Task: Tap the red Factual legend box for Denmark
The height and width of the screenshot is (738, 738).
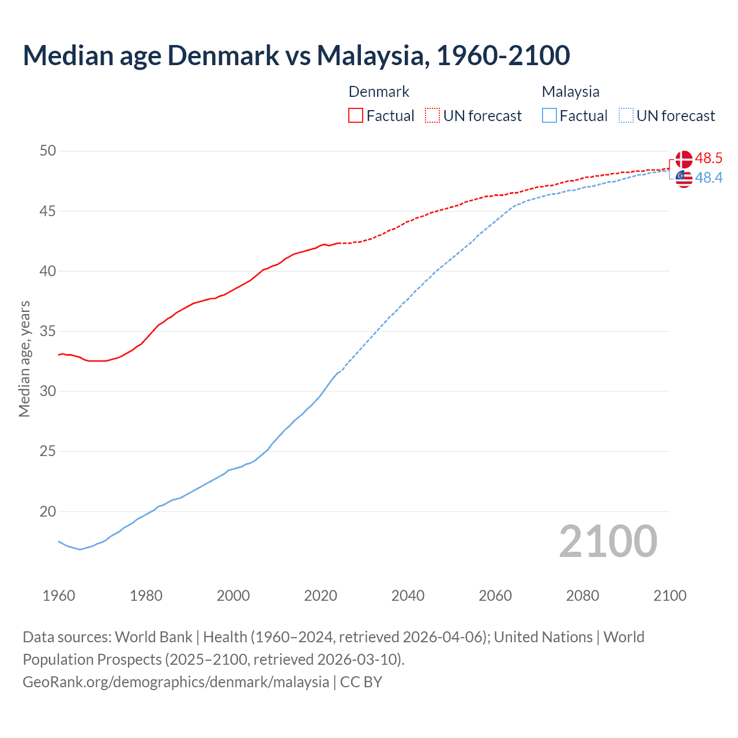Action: coord(356,115)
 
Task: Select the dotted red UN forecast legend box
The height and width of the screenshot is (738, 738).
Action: coord(432,115)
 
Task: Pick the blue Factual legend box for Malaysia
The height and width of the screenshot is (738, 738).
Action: coord(549,115)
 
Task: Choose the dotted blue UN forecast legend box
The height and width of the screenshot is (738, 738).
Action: coord(626,115)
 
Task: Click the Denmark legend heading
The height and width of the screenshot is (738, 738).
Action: coord(379,92)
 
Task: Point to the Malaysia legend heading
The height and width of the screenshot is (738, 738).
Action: coord(570,92)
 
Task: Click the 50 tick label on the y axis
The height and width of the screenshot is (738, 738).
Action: coord(48,151)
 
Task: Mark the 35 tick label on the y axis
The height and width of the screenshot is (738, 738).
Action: coord(48,332)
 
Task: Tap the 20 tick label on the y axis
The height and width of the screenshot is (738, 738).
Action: coord(48,511)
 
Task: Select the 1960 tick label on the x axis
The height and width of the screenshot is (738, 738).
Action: coord(59,596)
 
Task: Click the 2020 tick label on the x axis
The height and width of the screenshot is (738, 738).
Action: coord(321,596)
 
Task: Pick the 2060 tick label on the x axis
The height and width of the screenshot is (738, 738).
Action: coord(495,596)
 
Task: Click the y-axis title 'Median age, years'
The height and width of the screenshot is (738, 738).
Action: coord(24,359)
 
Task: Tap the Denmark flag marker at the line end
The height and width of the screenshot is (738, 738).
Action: coord(684,159)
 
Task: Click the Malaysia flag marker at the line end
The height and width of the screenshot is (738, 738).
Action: coord(684,179)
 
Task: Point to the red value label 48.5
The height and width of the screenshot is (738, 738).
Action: coord(709,158)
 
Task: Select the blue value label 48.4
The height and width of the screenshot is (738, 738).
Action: coord(709,178)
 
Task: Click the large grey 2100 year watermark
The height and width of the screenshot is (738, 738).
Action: coord(608,541)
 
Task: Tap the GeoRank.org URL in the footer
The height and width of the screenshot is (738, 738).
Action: coord(176,682)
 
